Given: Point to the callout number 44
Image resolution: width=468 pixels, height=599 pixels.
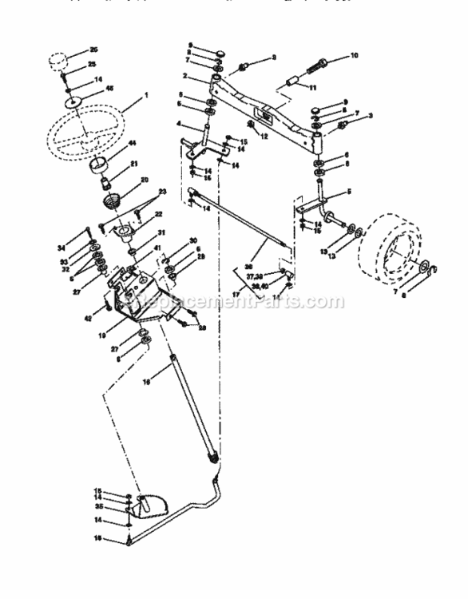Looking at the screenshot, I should click(x=132, y=142).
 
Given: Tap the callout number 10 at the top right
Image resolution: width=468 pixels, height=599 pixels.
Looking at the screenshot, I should click(x=355, y=56).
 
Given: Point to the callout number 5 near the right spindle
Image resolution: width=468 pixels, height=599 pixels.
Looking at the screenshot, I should click(x=349, y=192).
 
